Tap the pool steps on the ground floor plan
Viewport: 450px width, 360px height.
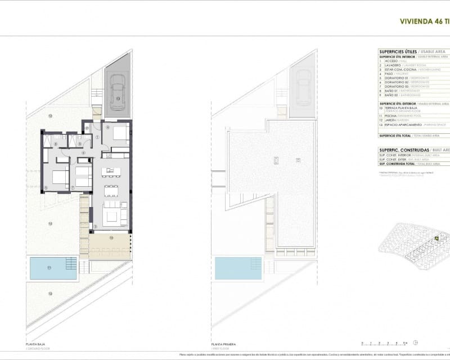click(x=71, y=263)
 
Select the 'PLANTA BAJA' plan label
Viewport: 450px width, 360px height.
click(x=35, y=343)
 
